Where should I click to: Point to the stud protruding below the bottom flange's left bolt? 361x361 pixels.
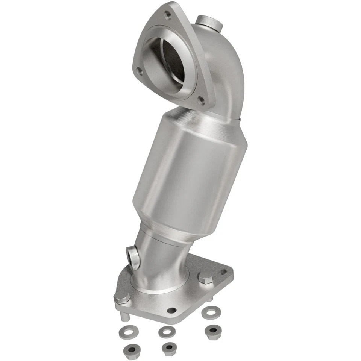coord(123,316)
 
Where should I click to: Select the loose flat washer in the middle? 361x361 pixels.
coord(166,331)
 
